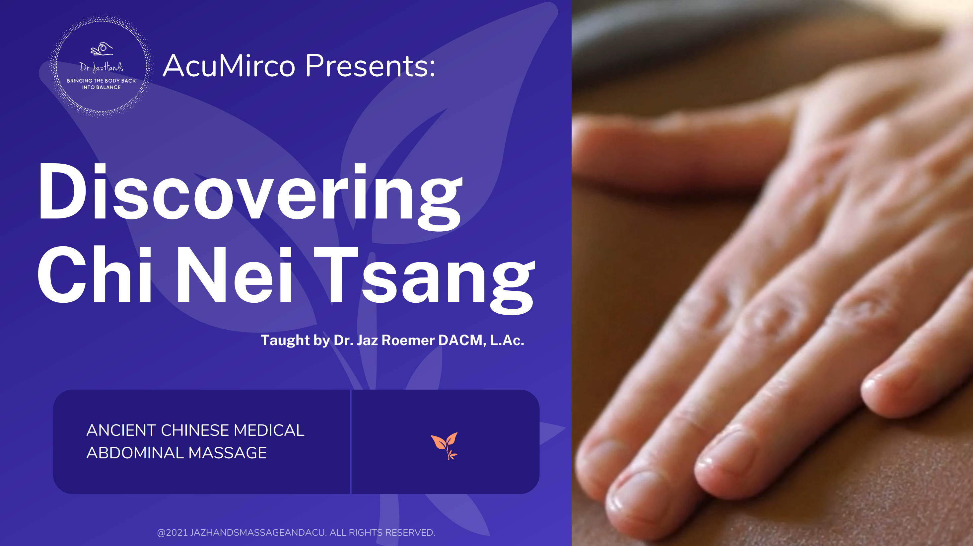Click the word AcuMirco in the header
pos(229,66)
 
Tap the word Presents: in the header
pos(370,66)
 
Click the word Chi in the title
pos(95,275)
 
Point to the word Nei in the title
pos(234,275)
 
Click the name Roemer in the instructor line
pos(408,340)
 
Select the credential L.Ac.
pos(507,340)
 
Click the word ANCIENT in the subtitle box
pos(121,430)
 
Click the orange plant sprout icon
pos(445,446)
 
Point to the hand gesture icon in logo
pos(102,49)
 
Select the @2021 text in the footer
pos(172,532)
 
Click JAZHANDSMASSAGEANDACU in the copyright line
pos(258,532)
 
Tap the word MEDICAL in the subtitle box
pos(269,430)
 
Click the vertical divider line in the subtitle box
pos(351,442)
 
